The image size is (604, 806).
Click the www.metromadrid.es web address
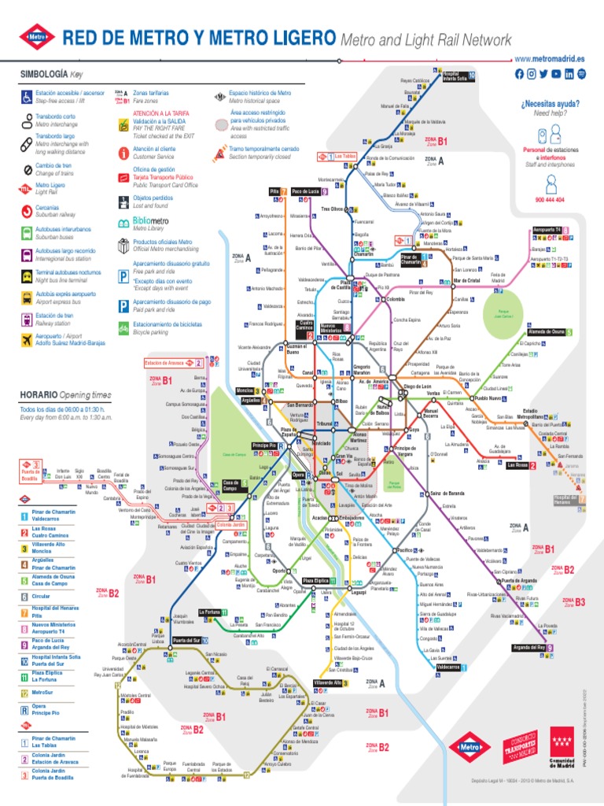pyautogui.click(x=550, y=59)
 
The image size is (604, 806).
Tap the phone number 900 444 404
pyautogui.click(x=550, y=201)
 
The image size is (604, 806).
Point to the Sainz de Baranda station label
pyautogui.click(x=447, y=493)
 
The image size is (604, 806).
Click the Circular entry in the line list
pyautogui.click(x=42, y=596)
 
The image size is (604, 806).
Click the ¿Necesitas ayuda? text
pyautogui.click(x=550, y=104)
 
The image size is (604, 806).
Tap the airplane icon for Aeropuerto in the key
pyautogui.click(x=27, y=339)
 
